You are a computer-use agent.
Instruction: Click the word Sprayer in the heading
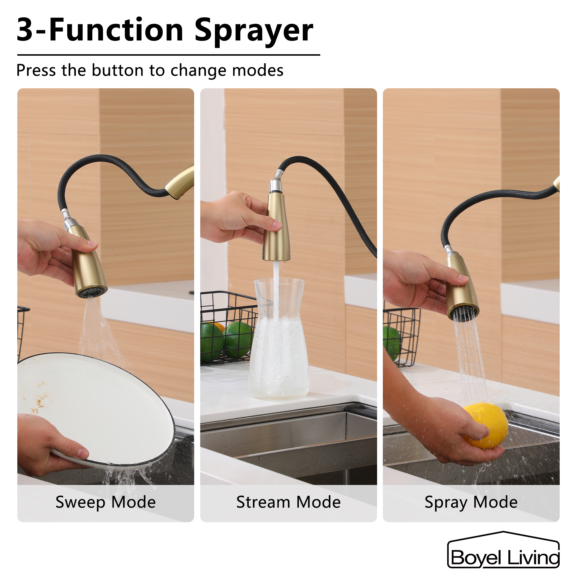(x=254, y=31)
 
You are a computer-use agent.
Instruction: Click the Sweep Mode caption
(x=105, y=502)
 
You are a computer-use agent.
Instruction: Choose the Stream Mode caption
(x=288, y=502)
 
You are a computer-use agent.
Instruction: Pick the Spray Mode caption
(x=471, y=502)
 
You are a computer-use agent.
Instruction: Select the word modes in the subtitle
(x=257, y=70)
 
